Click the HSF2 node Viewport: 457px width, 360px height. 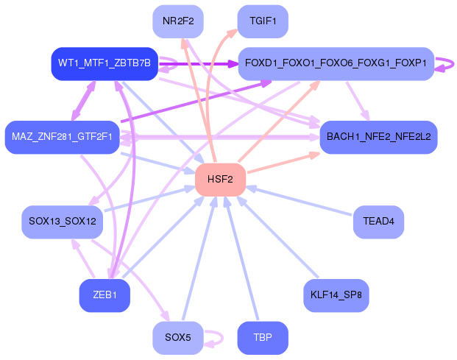219,180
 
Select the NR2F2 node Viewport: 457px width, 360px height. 177,21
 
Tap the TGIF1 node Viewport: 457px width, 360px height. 262,21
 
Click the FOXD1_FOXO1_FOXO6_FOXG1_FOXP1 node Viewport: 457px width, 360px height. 336,63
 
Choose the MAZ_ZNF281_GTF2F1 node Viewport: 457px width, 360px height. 62,137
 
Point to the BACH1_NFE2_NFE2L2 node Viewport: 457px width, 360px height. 378,137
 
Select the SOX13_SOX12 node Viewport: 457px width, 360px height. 62,221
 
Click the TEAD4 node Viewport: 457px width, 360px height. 378,221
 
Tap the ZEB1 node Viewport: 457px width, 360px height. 104,295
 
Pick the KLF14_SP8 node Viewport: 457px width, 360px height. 336,295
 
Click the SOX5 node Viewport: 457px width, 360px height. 177,338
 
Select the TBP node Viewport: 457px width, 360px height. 262,338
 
